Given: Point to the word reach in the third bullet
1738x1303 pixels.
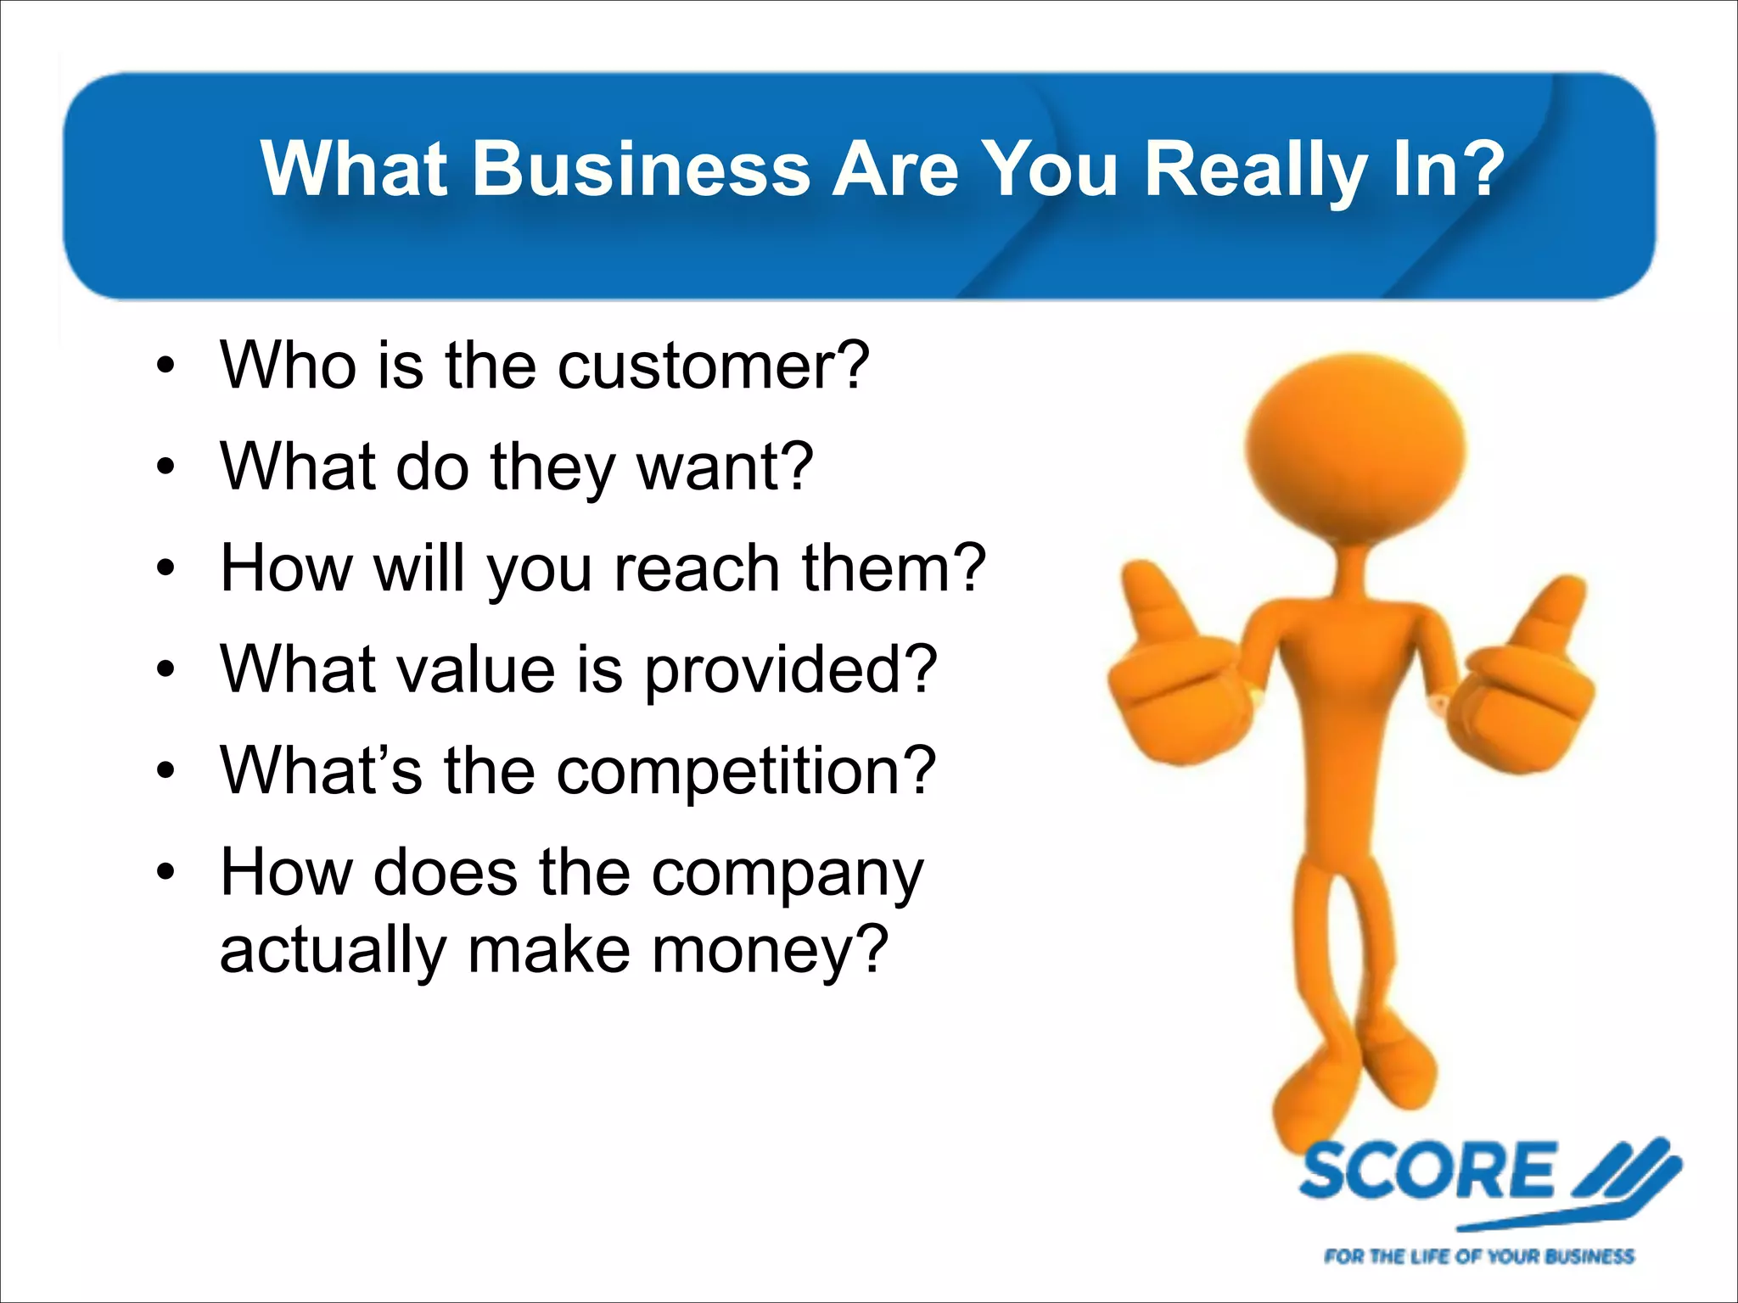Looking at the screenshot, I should (x=696, y=568).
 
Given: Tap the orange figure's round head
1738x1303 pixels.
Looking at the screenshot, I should (x=1355, y=445).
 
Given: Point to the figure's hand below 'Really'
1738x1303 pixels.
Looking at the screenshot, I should (x=1175, y=670).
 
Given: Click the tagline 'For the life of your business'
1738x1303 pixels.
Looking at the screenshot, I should (x=1478, y=1255).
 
